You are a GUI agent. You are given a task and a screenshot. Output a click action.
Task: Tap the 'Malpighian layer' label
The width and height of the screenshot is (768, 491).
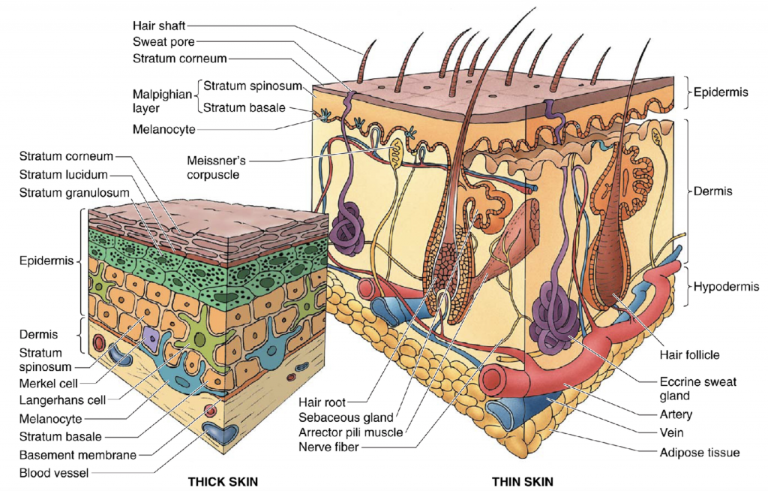[155, 101]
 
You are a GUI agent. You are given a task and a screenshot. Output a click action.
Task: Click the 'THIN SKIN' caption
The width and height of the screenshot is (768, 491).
[523, 481]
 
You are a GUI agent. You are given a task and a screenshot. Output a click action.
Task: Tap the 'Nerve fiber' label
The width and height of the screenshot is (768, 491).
[328, 447]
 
